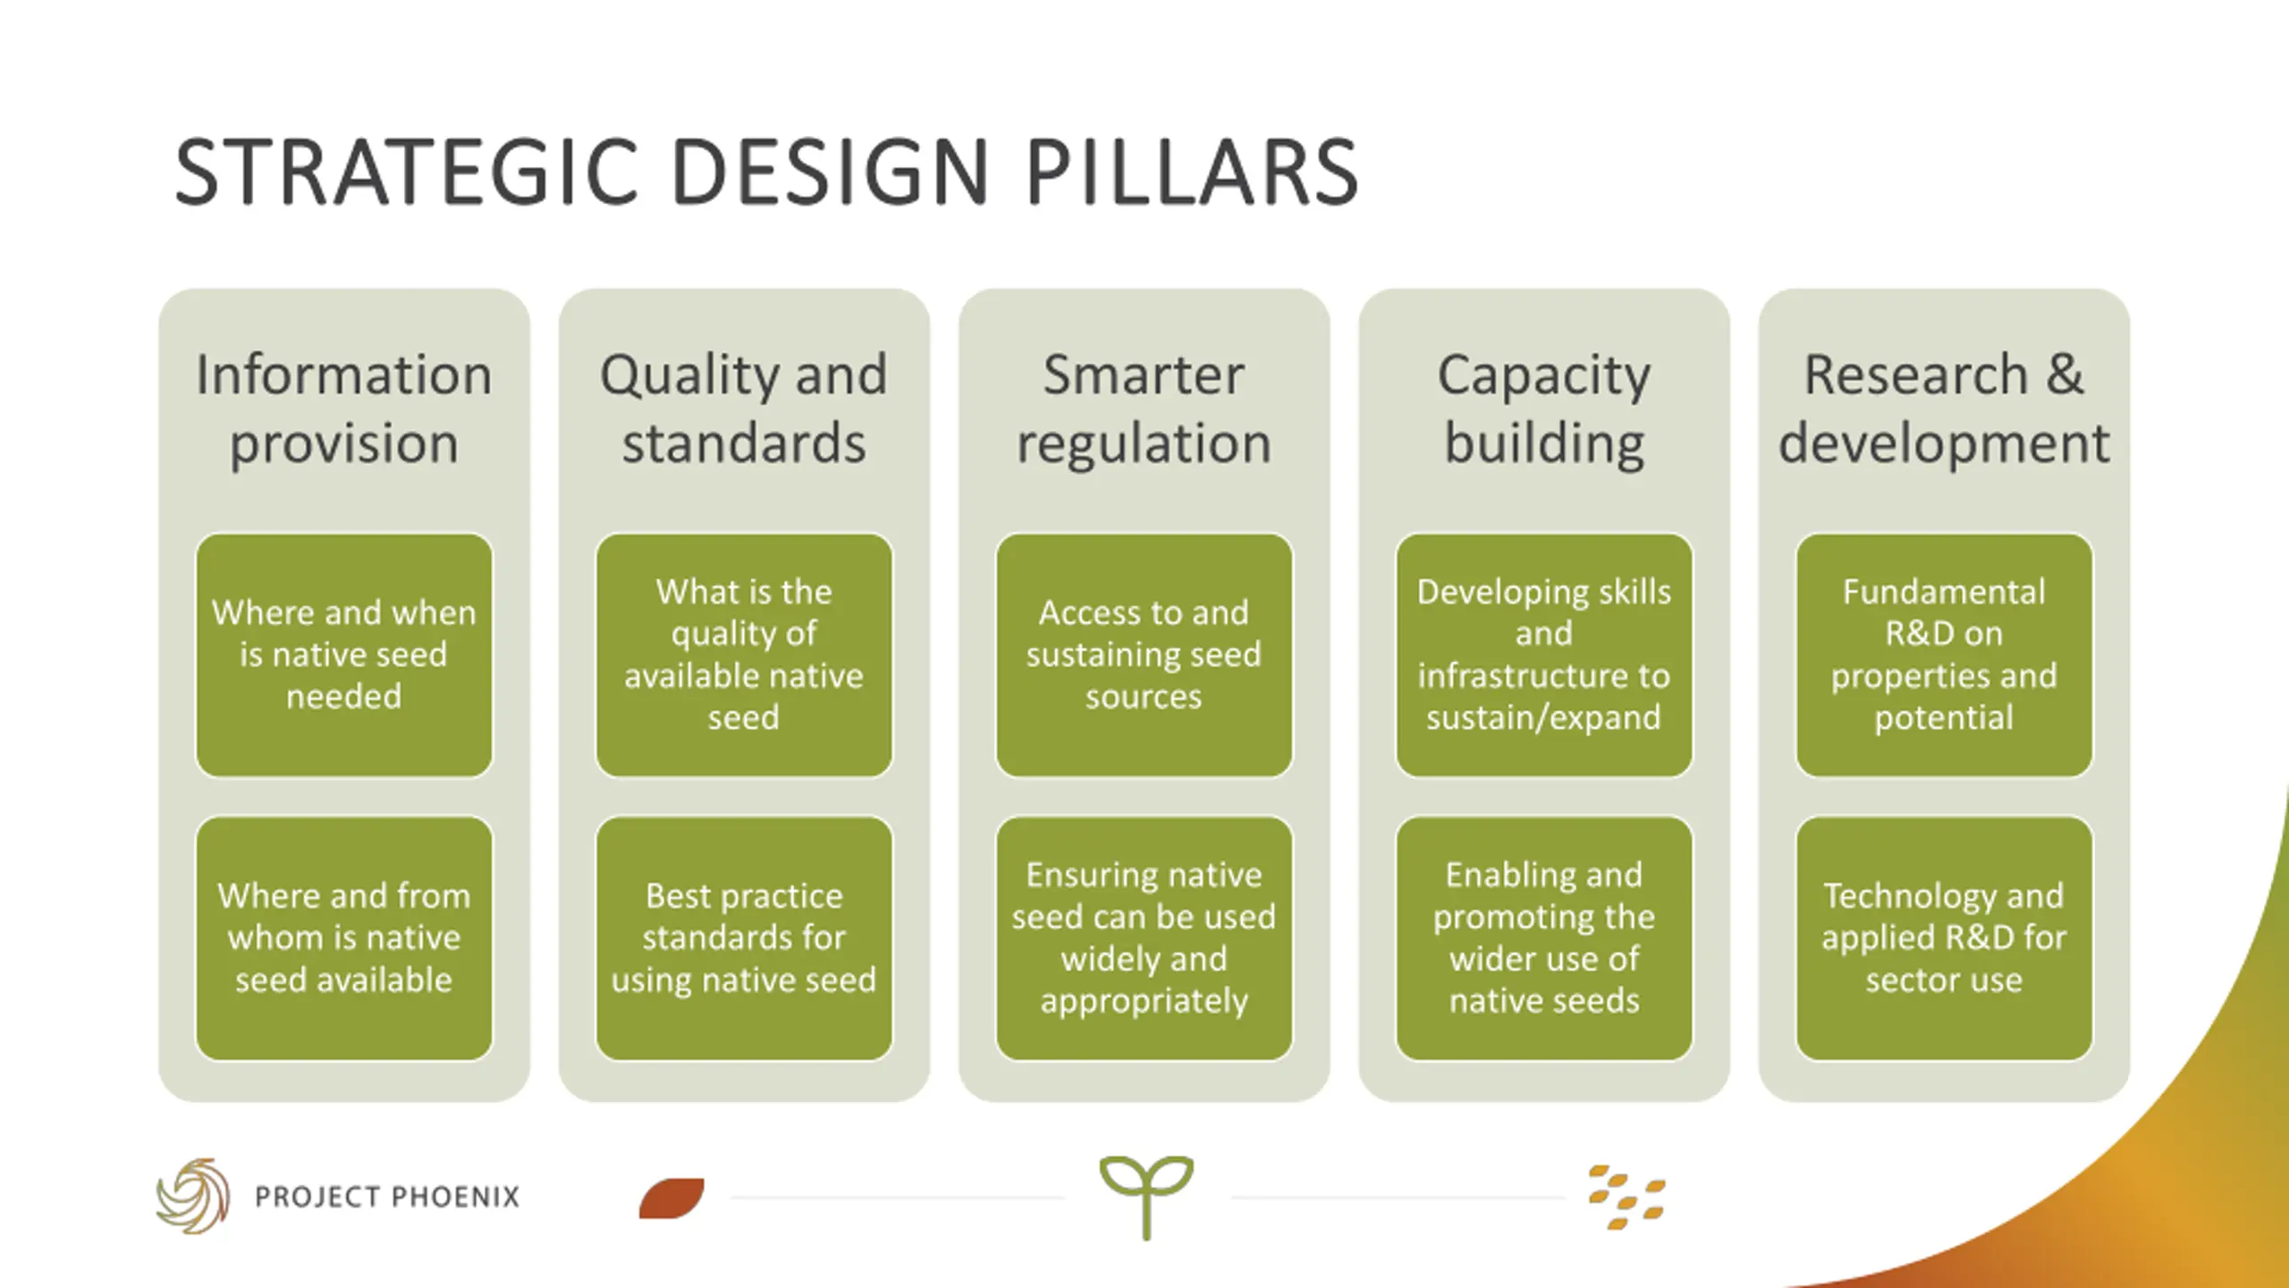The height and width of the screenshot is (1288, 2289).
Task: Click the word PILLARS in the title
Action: pyautogui.click(x=1191, y=172)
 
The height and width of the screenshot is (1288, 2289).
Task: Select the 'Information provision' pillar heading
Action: pyautogui.click(x=344, y=408)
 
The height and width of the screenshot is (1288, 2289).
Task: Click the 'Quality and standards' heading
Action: pyautogui.click(x=744, y=408)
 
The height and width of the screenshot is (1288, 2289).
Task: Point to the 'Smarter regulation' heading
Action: pyautogui.click(x=1144, y=408)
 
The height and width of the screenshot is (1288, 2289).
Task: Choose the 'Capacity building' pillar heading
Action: pyautogui.click(x=1544, y=408)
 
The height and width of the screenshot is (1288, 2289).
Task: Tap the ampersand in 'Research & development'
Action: pyautogui.click(x=2065, y=374)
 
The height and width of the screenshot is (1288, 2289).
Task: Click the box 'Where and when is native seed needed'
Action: pyautogui.click(x=344, y=655)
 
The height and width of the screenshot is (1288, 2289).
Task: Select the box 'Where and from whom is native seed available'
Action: pyautogui.click(x=344, y=937)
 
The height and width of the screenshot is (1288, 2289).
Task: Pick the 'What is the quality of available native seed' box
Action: pyautogui.click(x=744, y=655)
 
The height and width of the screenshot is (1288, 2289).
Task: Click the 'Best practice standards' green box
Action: pyautogui.click(x=744, y=937)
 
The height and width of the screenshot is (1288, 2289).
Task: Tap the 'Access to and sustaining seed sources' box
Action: pyautogui.click(x=1144, y=655)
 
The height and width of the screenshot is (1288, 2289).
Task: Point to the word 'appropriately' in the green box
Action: pyautogui.click(x=1144, y=1001)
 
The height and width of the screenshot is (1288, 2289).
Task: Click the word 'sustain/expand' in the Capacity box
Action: pyautogui.click(x=1544, y=717)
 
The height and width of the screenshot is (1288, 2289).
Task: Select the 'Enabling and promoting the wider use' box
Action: pyautogui.click(x=1544, y=937)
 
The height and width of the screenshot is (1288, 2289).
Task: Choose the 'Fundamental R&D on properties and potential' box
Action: pyautogui.click(x=1944, y=655)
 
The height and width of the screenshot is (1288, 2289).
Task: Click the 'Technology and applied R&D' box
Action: pyautogui.click(x=1944, y=937)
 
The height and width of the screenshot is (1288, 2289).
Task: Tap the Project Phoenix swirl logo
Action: pyautogui.click(x=193, y=1196)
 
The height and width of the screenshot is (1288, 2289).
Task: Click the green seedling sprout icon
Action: pyautogui.click(x=1146, y=1194)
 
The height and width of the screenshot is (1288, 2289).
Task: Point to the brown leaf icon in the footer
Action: pyautogui.click(x=671, y=1199)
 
